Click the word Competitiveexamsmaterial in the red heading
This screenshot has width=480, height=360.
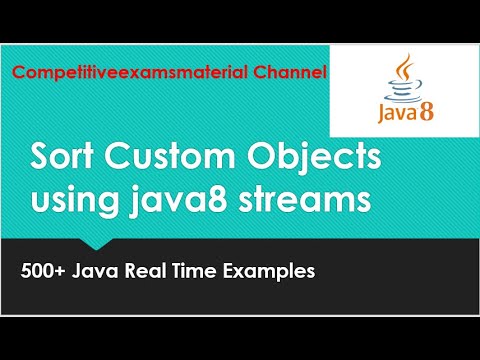tap(128, 74)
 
